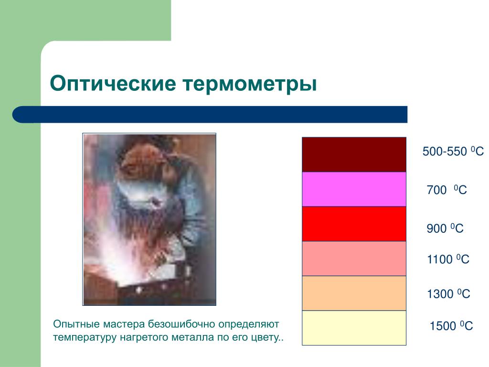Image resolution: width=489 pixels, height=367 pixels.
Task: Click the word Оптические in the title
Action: (x=113, y=83)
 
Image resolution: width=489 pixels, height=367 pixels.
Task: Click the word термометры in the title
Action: (x=250, y=84)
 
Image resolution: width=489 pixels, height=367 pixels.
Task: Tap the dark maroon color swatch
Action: (x=354, y=154)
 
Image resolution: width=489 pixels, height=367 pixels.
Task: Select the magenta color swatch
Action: (x=354, y=189)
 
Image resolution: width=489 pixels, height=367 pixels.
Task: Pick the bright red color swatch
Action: (x=354, y=224)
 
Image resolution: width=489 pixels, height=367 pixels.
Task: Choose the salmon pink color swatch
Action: (x=354, y=259)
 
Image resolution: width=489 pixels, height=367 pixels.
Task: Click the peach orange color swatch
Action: (x=354, y=293)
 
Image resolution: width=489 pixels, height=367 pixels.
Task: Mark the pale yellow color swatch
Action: (x=354, y=328)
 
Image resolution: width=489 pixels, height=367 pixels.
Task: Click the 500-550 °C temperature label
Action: (x=453, y=151)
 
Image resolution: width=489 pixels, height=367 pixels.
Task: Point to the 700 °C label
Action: (x=446, y=190)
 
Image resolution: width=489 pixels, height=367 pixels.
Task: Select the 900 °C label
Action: (x=445, y=228)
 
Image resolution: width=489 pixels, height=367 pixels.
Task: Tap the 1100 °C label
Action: (x=448, y=259)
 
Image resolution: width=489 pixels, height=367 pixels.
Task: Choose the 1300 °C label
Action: (x=448, y=294)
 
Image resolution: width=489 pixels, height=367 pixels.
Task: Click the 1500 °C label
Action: (x=451, y=326)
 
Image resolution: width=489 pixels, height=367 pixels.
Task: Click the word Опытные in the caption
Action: (x=76, y=324)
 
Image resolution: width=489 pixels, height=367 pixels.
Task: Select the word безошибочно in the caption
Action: (x=181, y=324)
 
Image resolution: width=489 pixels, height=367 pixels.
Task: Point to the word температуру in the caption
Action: (x=85, y=338)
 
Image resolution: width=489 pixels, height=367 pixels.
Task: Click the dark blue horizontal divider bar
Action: (x=210, y=115)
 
